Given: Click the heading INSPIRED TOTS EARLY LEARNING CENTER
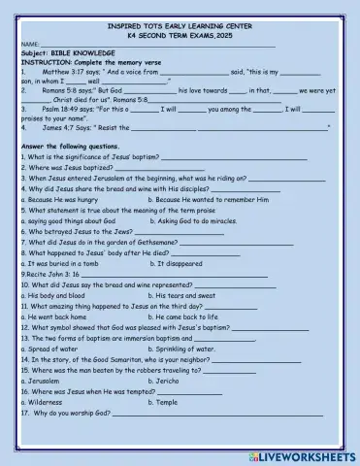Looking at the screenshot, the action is point(179,22).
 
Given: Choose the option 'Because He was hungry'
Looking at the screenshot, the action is point(60,199).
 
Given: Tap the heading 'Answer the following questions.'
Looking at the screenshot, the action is point(73,145).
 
